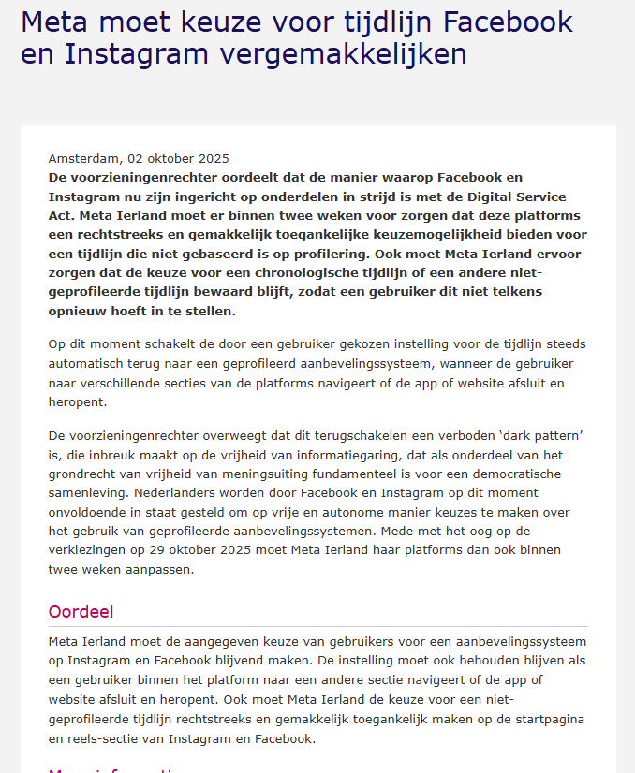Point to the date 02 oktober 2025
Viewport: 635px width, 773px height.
(178, 159)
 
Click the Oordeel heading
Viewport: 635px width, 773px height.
(81, 612)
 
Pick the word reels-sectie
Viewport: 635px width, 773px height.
(109, 738)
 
